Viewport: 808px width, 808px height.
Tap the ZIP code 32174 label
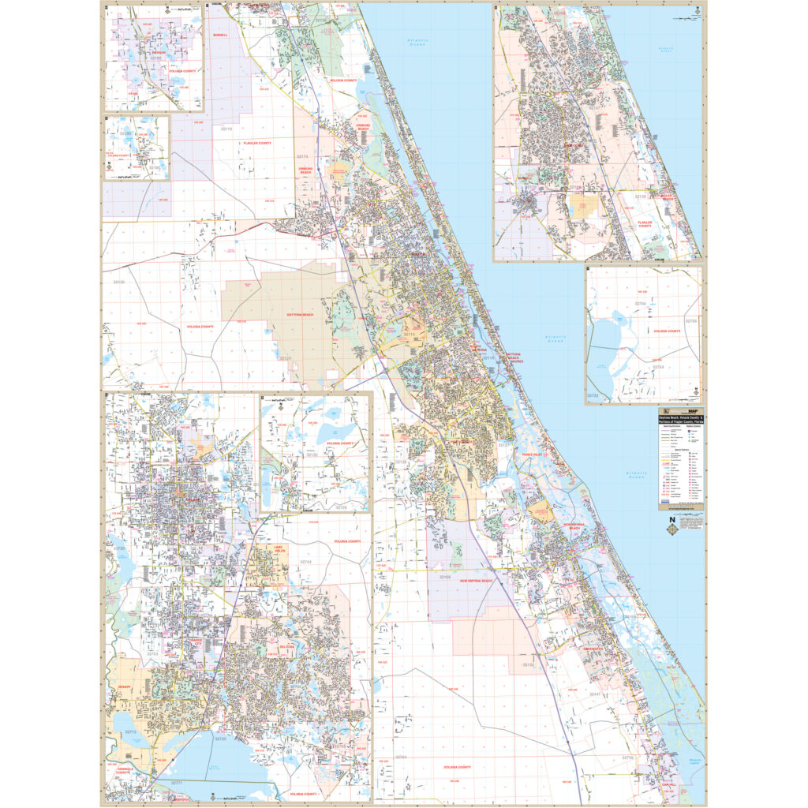coord(301,155)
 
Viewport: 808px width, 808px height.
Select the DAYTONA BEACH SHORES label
coord(514,357)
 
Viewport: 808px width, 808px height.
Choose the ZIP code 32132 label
coord(527,665)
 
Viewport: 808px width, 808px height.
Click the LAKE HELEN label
coord(277,549)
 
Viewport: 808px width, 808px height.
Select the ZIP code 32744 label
coord(305,562)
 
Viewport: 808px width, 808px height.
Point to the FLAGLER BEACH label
coord(667,197)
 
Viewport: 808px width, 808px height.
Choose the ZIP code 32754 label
coord(657,367)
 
